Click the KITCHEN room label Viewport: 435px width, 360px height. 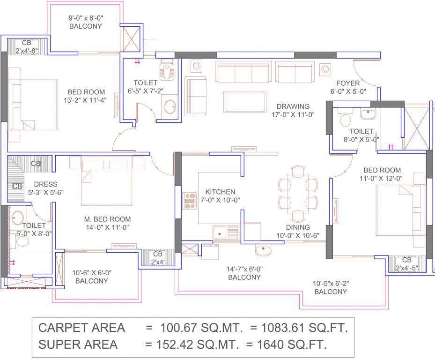click(x=220, y=192)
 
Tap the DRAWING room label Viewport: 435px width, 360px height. click(x=293, y=106)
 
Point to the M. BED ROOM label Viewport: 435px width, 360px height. click(x=107, y=219)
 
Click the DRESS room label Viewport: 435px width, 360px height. click(x=45, y=184)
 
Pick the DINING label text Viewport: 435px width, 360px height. click(x=295, y=227)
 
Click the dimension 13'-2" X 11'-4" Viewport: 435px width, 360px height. click(x=86, y=100)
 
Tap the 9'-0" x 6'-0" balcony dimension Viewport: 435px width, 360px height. click(x=85, y=18)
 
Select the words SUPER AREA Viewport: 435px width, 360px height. click(x=78, y=345)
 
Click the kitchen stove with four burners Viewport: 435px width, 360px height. click(x=190, y=201)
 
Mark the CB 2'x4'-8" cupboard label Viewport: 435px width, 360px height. click(x=27, y=47)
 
